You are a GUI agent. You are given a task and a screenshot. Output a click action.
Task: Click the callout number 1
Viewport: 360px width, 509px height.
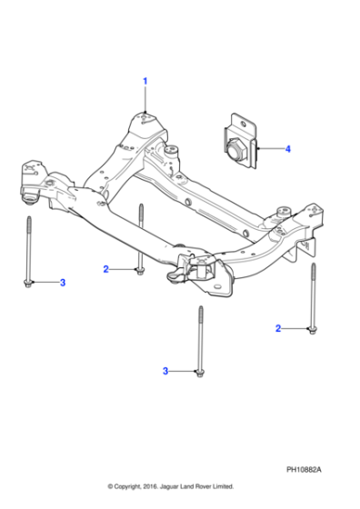click(x=144, y=82)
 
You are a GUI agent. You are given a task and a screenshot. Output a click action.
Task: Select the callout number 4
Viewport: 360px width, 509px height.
click(x=287, y=148)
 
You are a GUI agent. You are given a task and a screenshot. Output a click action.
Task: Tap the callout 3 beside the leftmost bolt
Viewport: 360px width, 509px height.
click(x=63, y=284)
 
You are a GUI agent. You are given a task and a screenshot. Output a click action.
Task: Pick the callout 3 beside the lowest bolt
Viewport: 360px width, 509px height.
click(x=165, y=371)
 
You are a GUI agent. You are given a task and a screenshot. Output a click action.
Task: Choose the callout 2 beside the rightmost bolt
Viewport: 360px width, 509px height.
click(x=280, y=327)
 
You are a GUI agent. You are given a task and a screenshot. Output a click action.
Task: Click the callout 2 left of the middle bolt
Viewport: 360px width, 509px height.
click(x=105, y=269)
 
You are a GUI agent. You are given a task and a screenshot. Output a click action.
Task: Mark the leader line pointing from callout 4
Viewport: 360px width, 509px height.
click(x=269, y=148)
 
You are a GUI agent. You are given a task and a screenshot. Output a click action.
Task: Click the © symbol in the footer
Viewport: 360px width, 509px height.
click(x=111, y=487)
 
